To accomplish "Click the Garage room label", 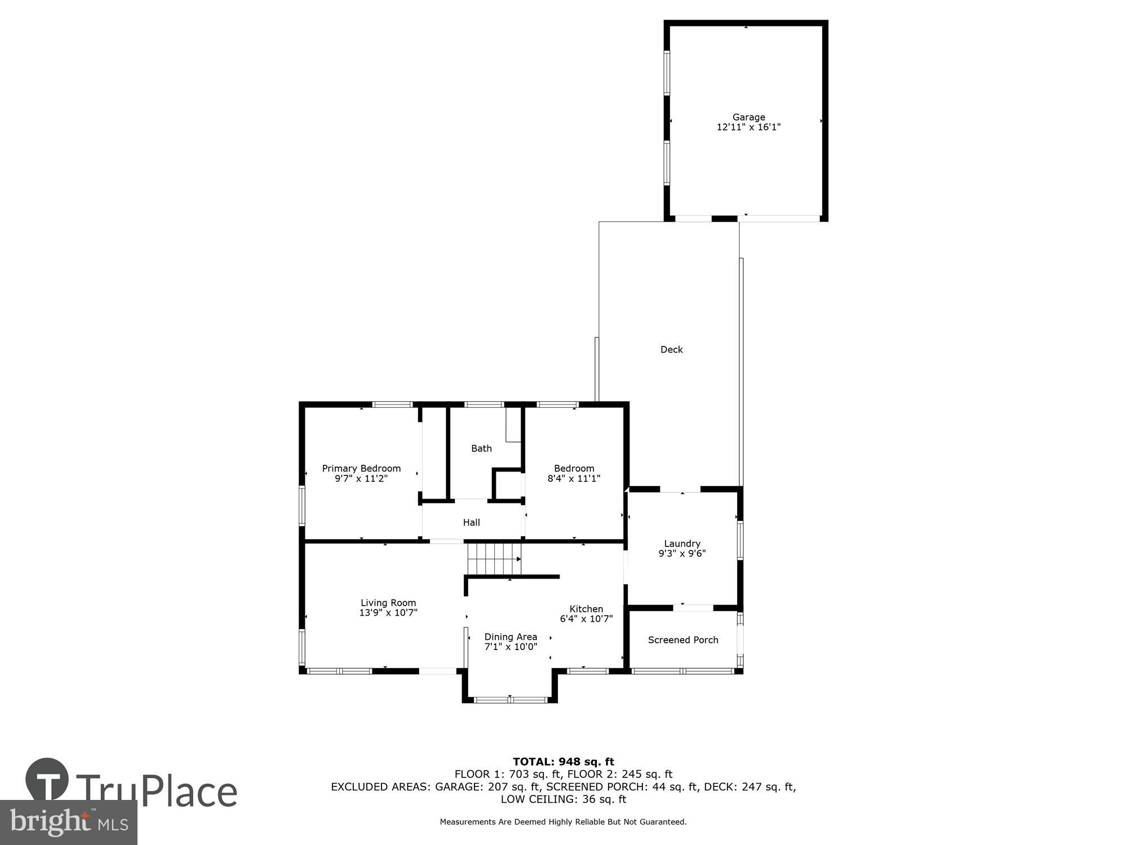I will (748, 117).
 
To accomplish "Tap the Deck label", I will (671, 350).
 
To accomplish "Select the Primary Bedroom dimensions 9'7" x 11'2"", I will (361, 479).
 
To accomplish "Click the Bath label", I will (481, 448).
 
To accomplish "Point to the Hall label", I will (471, 523).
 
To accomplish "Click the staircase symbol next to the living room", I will (494, 558).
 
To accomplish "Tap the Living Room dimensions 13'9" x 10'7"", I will (388, 613).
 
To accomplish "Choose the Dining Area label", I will (511, 637).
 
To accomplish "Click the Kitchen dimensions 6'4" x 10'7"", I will (586, 619).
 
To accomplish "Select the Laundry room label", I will (682, 544).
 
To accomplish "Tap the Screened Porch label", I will (683, 640).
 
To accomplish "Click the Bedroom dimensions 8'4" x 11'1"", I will (574, 479).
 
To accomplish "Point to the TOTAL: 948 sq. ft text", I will (563, 762).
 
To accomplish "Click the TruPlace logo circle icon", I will (47, 780).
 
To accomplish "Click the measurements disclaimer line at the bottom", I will (563, 822).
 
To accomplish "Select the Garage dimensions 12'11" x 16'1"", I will (748, 127).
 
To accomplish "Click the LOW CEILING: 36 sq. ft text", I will (563, 799).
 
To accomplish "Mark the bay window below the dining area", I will (510, 700).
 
